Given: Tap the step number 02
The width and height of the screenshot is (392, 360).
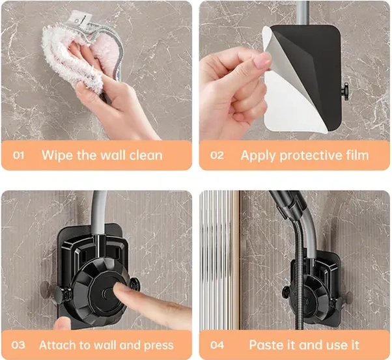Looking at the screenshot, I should pyautogui.click(x=217, y=156).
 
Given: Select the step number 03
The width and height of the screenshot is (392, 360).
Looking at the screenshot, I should pyautogui.click(x=18, y=345).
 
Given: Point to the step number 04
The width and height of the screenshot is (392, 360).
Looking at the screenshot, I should pyautogui.click(x=217, y=345).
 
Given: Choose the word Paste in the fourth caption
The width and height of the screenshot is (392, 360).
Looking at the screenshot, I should pyautogui.click(x=265, y=345).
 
